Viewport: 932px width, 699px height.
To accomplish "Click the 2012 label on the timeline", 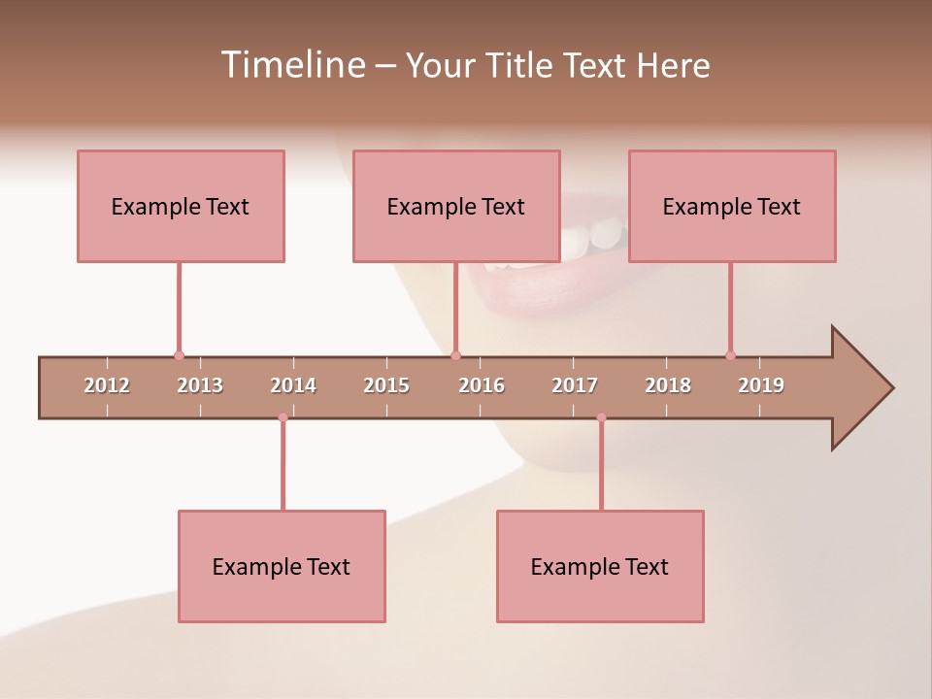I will pos(107,385).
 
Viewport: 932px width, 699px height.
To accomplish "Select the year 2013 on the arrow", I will pos(200,385).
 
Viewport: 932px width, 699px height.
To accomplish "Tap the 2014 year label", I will pos(293,385).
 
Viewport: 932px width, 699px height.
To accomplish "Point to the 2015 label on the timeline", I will pos(386,385).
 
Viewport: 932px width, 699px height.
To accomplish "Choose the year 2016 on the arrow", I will pos(482,385).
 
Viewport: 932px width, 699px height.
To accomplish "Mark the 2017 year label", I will pos(575,385).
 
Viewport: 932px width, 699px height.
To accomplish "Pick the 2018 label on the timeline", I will pos(668,385).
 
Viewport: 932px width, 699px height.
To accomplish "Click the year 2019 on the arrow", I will pos(761,385).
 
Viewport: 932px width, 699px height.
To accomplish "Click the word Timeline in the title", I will pos(291,65).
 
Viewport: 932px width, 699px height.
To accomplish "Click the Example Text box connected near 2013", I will pos(181,206).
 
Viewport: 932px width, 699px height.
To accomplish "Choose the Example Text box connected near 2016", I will pos(456,206).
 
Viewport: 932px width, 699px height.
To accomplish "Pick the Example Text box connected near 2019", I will pos(732,206).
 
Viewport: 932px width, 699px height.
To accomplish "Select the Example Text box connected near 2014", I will pos(282,566).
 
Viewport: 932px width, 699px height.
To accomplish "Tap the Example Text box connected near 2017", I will pos(600,566).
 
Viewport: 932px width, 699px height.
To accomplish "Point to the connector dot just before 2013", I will pos(179,355).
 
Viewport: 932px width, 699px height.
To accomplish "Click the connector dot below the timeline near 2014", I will pos(283,417).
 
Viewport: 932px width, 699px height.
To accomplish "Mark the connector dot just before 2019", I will pos(730,355).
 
